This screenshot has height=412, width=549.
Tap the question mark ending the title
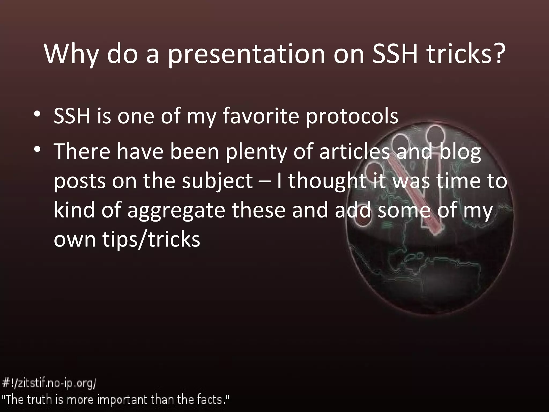tap(495, 54)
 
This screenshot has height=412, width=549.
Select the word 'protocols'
tap(352, 117)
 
